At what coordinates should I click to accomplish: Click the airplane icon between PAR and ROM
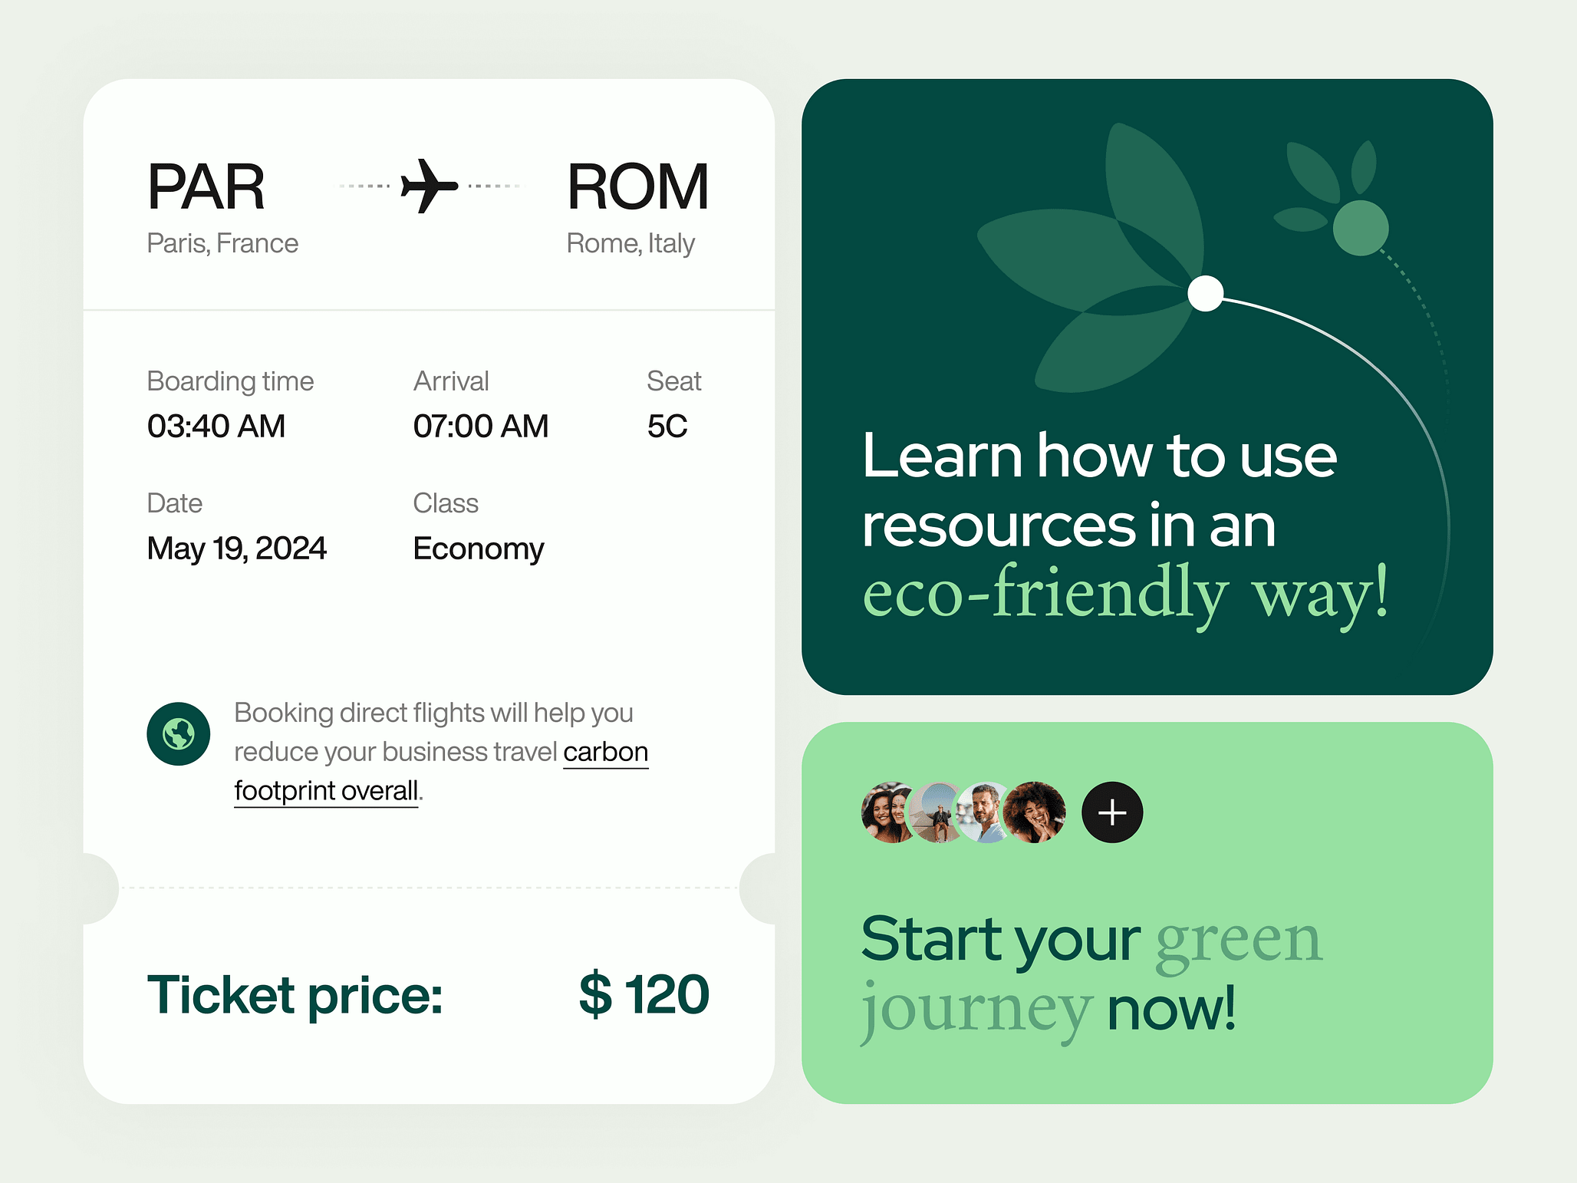pos(430,186)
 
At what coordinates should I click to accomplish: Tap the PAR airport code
pos(206,186)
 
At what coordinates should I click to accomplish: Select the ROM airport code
pos(637,186)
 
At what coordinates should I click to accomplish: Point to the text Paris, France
pos(222,243)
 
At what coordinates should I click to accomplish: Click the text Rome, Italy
pos(630,243)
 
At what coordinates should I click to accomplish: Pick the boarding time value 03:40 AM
pos(216,426)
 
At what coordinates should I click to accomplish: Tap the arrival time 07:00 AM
pos(481,426)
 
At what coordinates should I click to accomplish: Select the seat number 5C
pos(667,426)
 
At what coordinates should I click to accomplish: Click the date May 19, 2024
pos(237,549)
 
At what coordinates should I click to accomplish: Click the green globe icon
pos(179,734)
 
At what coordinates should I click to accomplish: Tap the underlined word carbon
pos(606,752)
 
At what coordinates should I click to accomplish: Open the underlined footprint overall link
pos(326,791)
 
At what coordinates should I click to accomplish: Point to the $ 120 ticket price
pos(644,994)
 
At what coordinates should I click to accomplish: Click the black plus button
pos(1112,812)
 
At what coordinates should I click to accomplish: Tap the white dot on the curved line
pos(1206,293)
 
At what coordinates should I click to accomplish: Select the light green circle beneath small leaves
pos(1361,228)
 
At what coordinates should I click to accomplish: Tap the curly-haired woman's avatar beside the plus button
pos(1035,812)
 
